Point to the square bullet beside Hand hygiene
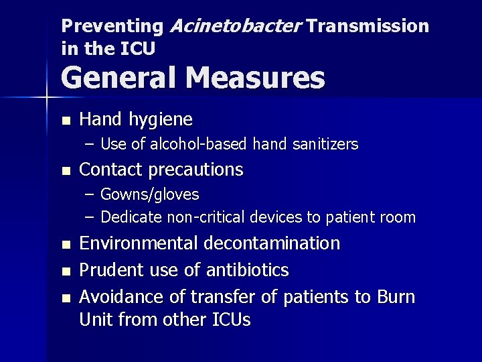click(64, 121)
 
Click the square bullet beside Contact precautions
click(64, 170)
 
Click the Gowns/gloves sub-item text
click(149, 194)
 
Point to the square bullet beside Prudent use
click(64, 271)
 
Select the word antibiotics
click(247, 270)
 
